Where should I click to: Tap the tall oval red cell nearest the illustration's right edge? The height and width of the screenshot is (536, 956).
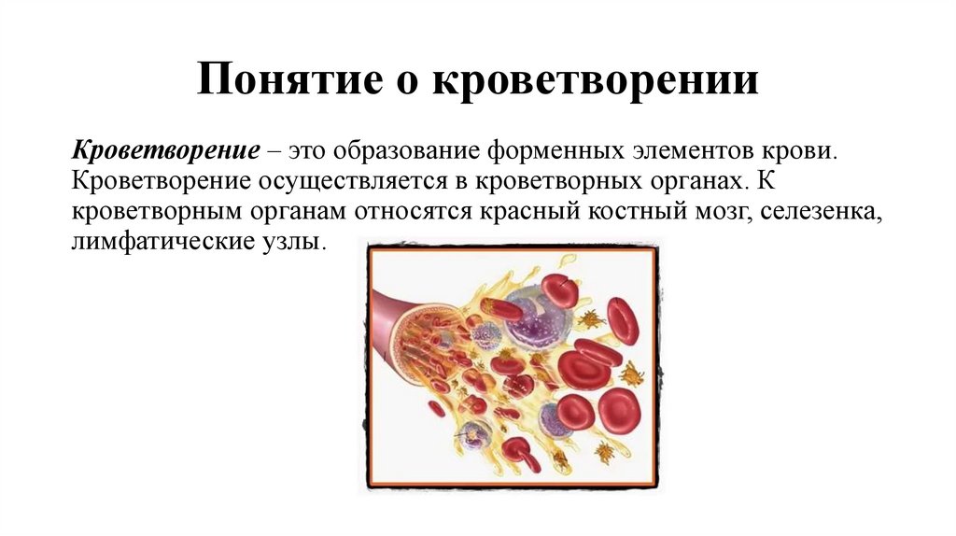(x=622, y=321)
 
